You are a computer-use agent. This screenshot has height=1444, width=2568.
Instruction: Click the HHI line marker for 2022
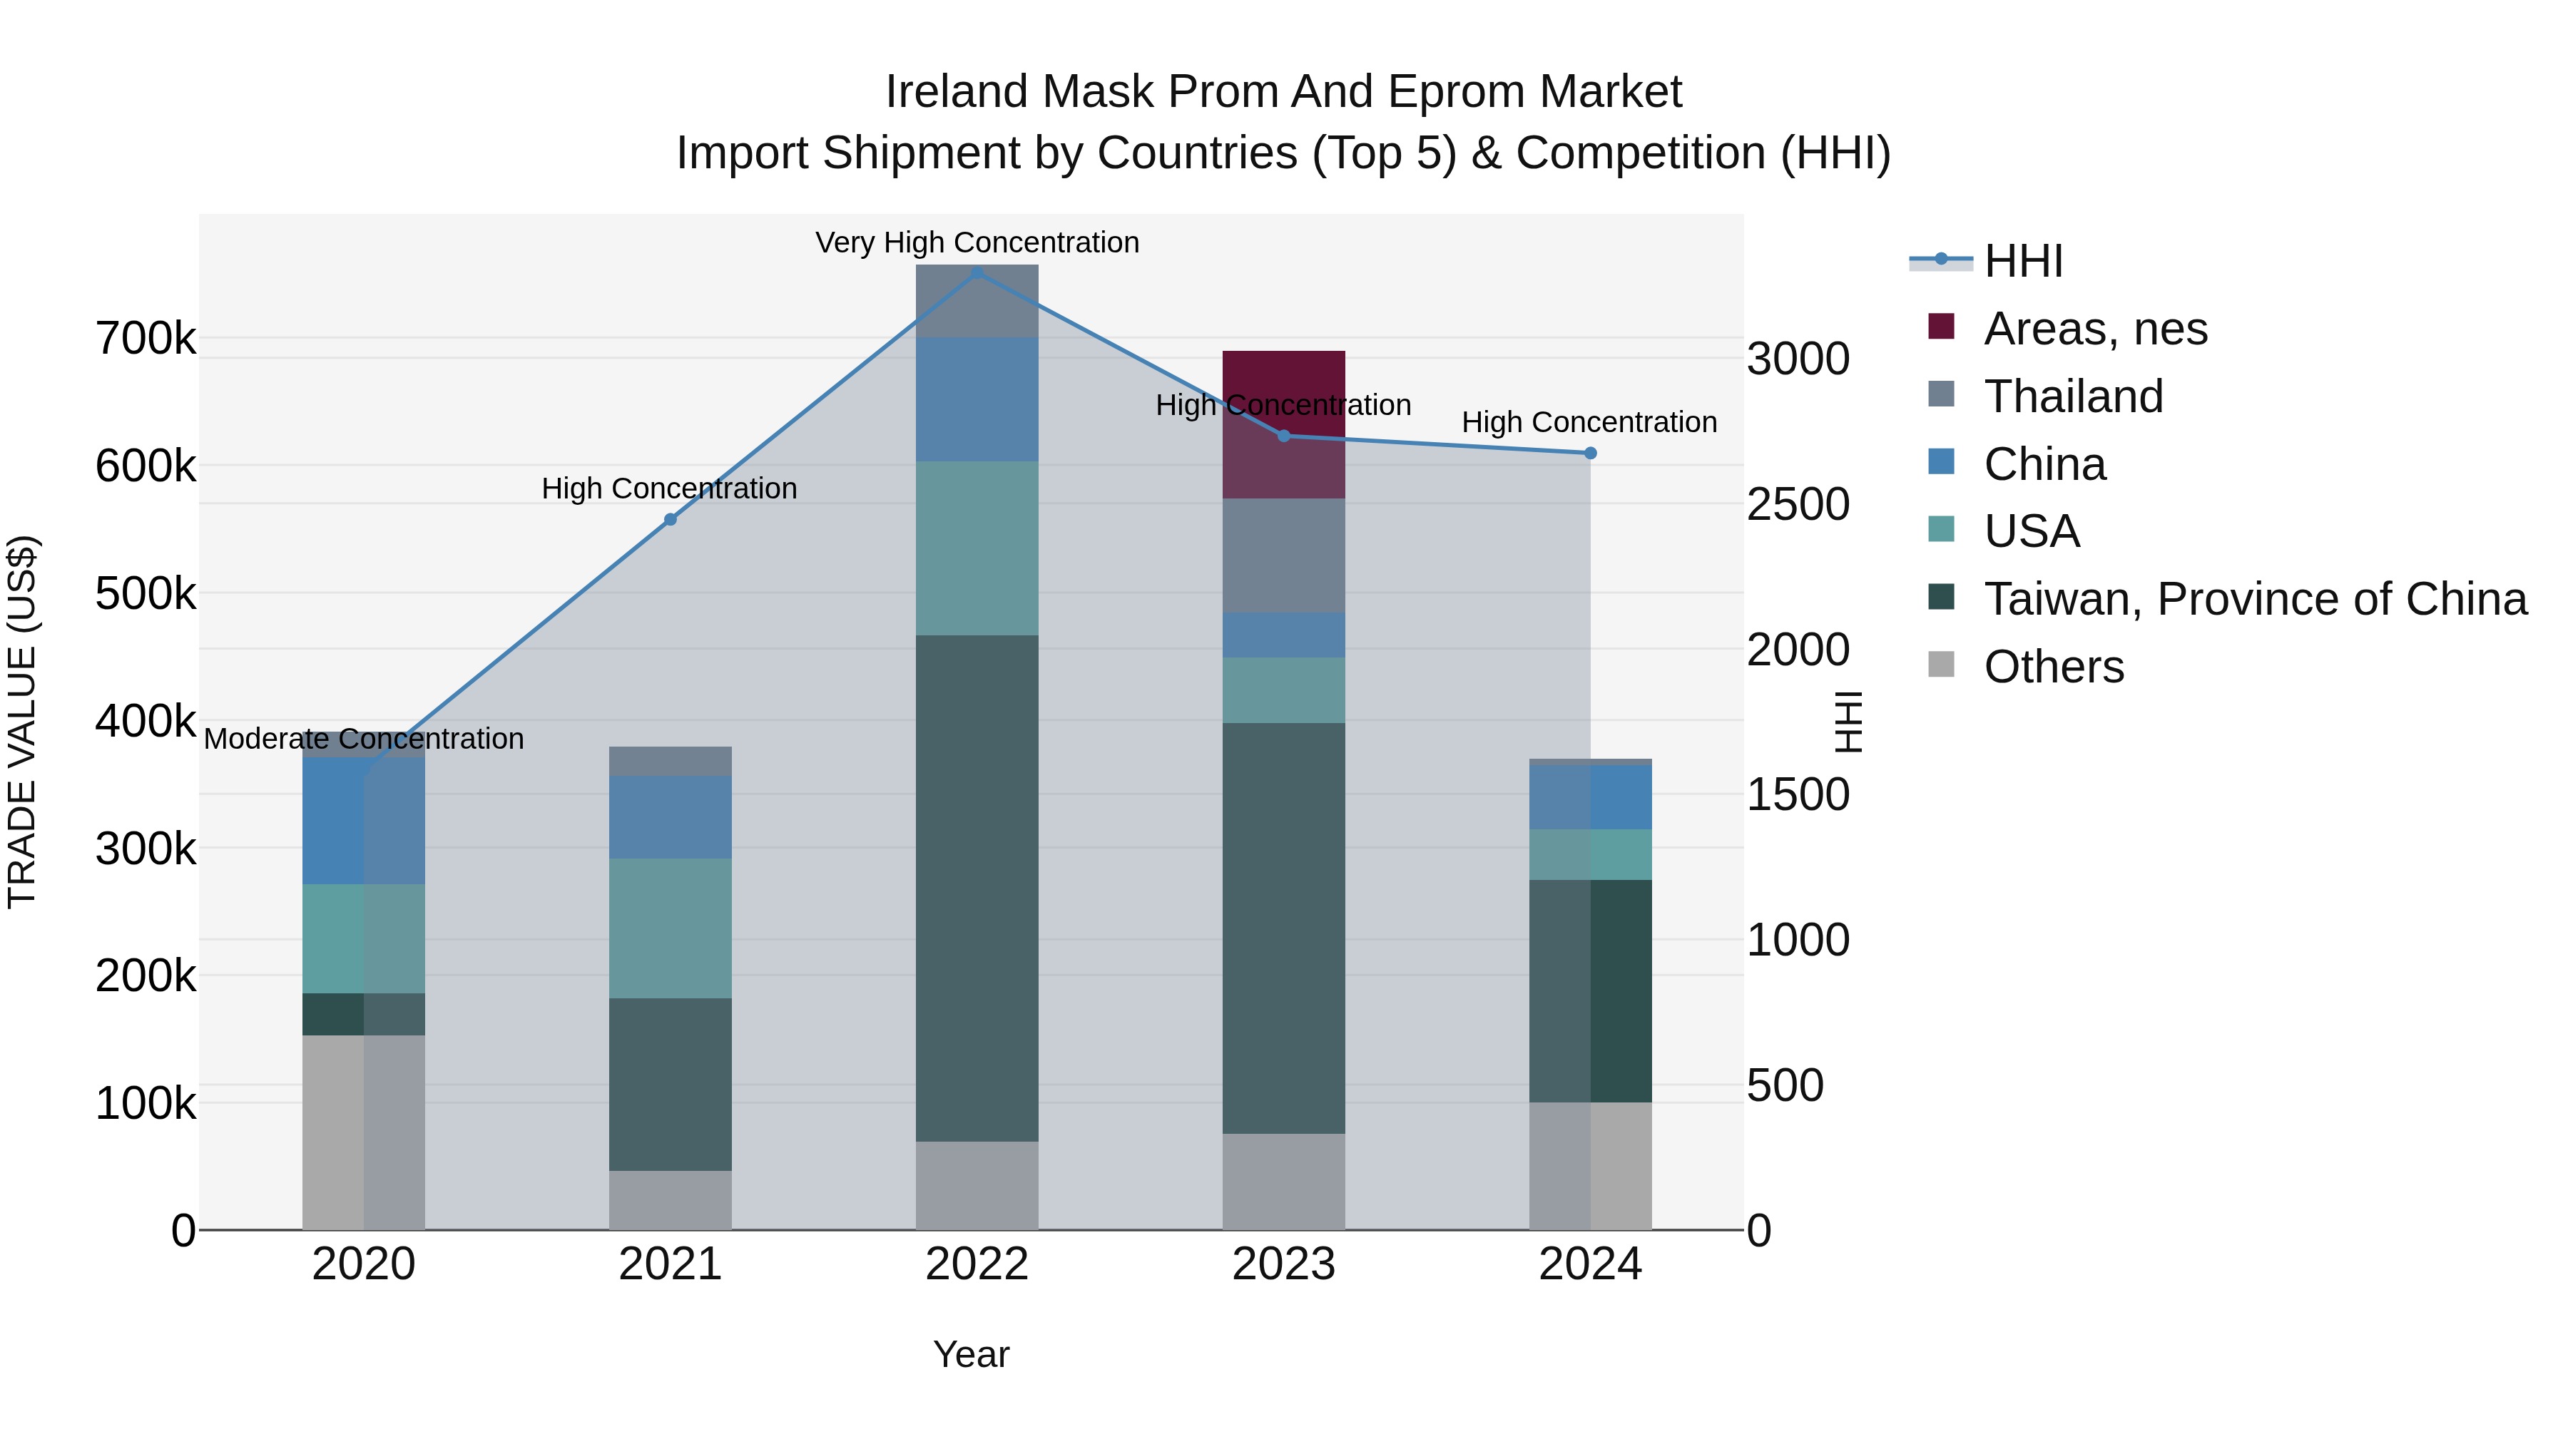coord(977,273)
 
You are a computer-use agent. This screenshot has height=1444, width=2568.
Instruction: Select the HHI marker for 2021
coord(670,519)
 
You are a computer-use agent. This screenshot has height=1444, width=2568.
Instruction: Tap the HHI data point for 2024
coord(1590,454)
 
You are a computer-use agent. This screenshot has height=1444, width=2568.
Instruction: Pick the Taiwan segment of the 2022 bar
coord(977,887)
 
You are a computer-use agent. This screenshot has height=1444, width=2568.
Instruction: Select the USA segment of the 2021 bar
coord(670,927)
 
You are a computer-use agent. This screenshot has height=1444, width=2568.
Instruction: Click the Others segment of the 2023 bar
coord(1283,1181)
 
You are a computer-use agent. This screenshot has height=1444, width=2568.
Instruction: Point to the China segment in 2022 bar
coord(977,399)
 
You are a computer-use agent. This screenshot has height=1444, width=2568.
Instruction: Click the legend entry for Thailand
coord(2074,396)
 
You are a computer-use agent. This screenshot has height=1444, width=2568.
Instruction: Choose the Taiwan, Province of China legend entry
coord(2255,599)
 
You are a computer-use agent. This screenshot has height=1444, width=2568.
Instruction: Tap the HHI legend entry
coord(2023,261)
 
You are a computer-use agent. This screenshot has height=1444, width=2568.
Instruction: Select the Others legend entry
coord(2054,667)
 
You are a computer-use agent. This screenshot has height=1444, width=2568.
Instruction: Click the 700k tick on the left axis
coord(146,339)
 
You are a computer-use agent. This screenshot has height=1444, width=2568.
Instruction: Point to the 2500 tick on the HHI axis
coord(1798,504)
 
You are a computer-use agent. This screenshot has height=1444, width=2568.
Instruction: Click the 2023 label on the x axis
coord(1283,1264)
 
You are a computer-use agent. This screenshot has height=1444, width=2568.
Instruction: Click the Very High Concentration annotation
coord(977,242)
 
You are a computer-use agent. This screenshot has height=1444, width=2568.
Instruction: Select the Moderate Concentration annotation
coord(364,739)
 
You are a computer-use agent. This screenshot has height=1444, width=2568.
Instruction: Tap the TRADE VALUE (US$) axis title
coord(22,722)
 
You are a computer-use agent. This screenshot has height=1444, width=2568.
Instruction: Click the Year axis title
coord(971,1354)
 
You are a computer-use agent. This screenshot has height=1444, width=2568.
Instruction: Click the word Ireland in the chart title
coord(957,92)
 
